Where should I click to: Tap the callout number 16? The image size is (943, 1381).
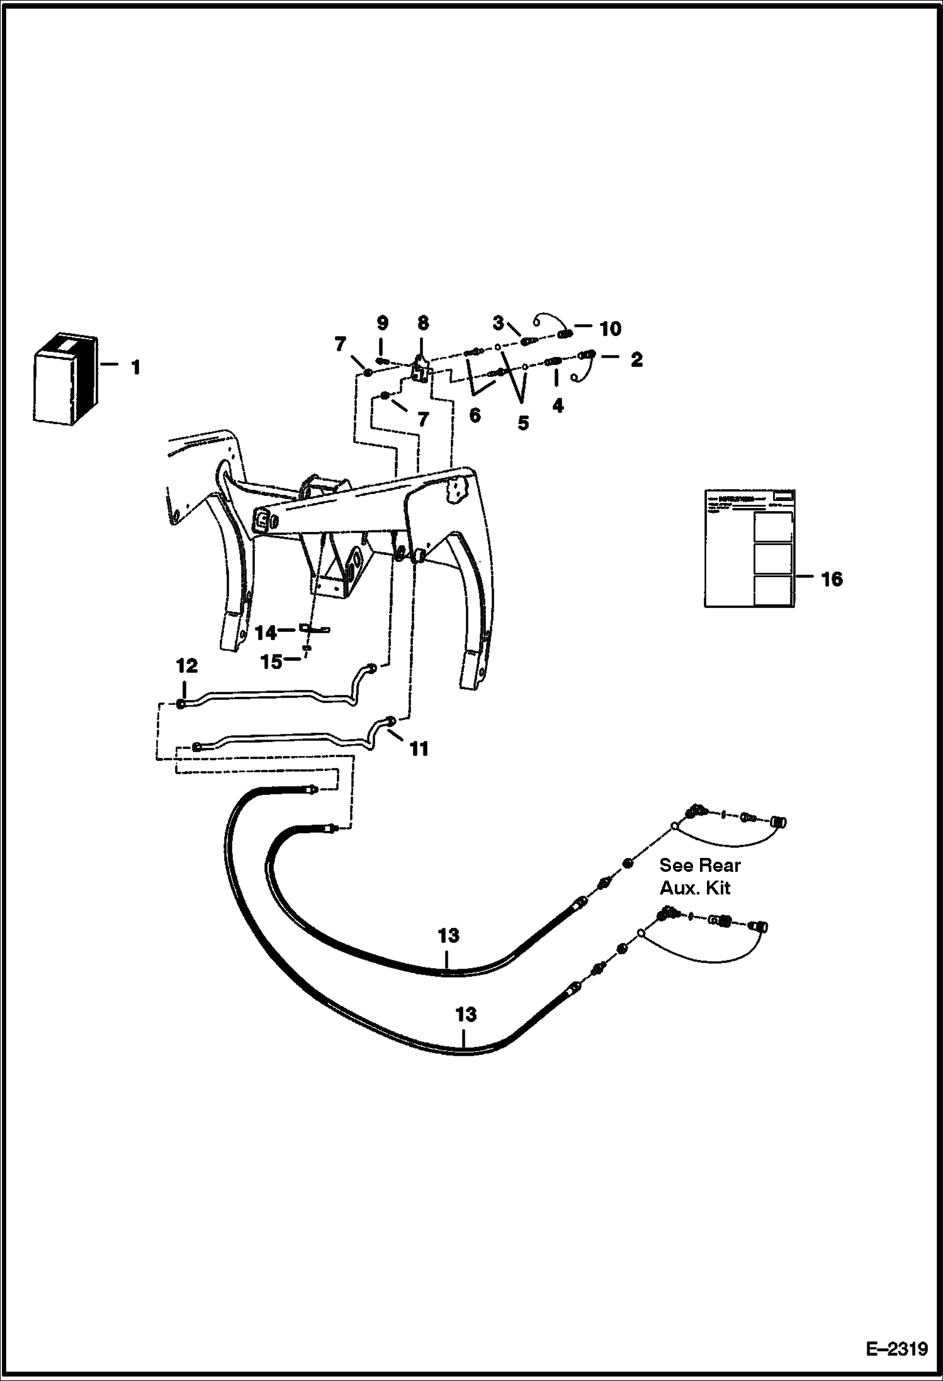coord(832,579)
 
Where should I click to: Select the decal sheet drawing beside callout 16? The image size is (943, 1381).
coord(749,548)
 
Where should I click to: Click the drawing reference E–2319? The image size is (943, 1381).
coord(896,1349)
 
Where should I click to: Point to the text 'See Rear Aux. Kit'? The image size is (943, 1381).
coord(700,876)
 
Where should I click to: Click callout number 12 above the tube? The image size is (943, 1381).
coord(187,666)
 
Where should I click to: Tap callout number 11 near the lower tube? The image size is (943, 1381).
coord(419,748)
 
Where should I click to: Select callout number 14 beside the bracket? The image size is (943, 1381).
coord(266,632)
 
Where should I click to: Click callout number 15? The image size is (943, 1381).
coord(271,662)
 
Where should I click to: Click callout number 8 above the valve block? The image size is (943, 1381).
coord(423,323)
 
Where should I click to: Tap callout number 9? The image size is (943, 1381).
coord(383,323)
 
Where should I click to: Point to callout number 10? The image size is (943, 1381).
coord(611,329)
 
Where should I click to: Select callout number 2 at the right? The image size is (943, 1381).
coord(636,359)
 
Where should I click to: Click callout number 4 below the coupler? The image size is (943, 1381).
coord(558,405)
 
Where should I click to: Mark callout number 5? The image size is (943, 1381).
coord(523,423)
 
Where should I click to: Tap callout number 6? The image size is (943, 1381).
coord(475,415)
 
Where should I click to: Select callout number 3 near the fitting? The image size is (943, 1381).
coord(498,324)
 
